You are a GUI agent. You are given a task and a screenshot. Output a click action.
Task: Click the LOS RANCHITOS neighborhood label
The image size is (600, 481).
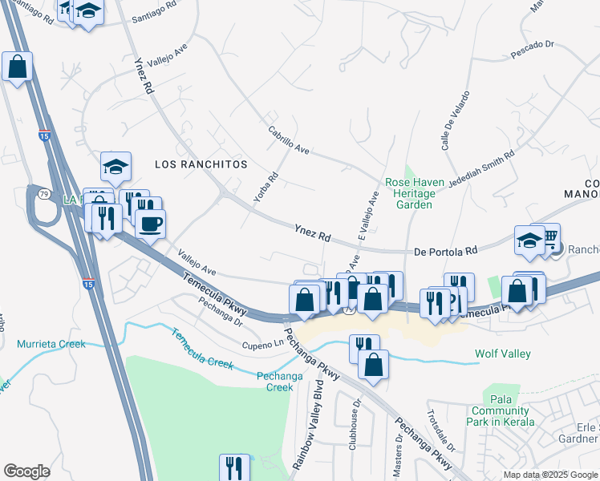201,164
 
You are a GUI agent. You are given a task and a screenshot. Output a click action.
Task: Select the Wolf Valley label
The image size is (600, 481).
504,353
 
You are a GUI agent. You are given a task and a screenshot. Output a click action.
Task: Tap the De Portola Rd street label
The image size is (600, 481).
445,251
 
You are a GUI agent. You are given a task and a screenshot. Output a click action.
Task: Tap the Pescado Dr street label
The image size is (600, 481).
533,55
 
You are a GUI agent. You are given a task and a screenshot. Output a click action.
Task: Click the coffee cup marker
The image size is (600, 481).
150,224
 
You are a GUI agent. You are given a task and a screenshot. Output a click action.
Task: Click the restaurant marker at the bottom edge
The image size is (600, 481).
234,467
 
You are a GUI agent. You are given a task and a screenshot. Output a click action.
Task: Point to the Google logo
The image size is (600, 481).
26,471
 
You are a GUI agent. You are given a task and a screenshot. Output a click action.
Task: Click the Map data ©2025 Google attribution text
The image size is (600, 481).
549,475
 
